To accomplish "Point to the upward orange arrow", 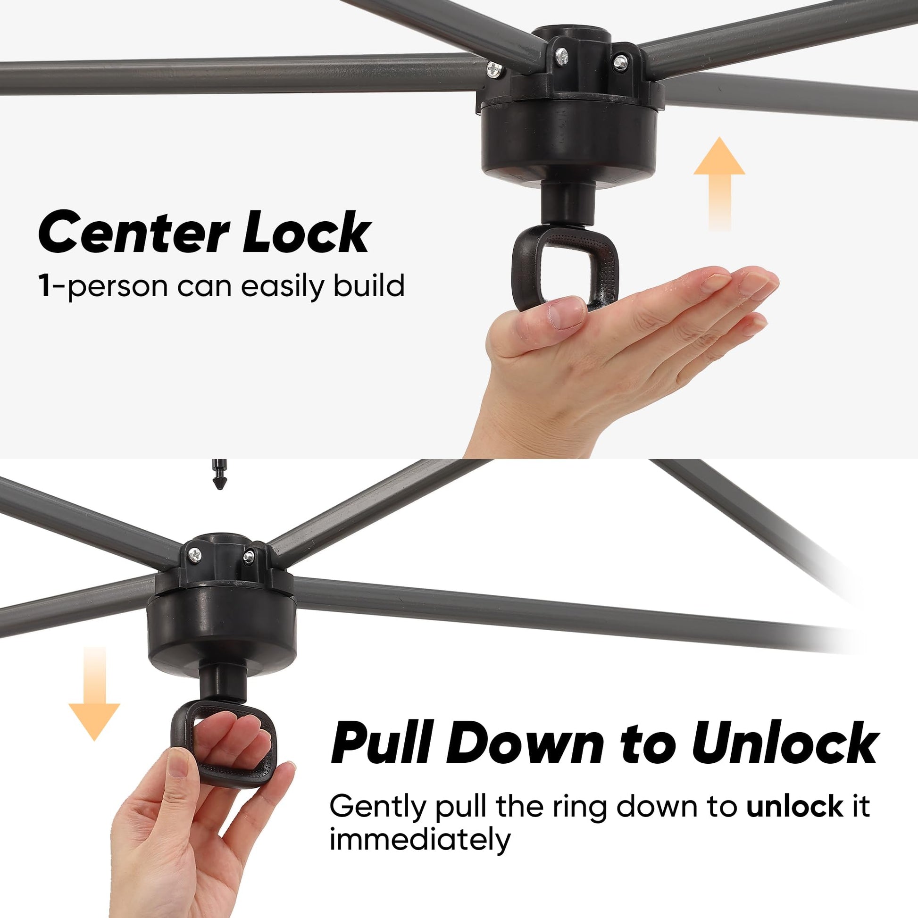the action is pyautogui.click(x=719, y=184).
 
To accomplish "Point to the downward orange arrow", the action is pyautogui.click(x=94, y=694).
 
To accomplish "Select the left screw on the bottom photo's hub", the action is pyautogui.click(x=194, y=553).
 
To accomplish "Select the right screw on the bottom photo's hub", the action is pyautogui.click(x=248, y=556).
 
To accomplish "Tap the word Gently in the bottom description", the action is pyautogui.click(x=378, y=808).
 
